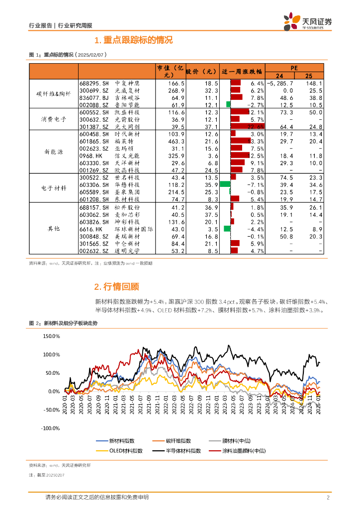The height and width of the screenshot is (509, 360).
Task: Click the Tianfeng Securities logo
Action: [307, 21]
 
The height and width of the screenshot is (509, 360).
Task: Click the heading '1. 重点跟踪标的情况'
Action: [133, 40]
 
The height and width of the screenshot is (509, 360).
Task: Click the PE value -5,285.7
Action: [279, 84]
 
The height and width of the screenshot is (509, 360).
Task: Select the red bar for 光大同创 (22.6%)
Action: [247, 127]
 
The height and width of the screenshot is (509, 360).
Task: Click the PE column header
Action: [294, 67]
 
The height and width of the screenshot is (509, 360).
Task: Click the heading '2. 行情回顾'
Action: [116, 287]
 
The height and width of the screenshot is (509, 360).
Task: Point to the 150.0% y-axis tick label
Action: [51, 337]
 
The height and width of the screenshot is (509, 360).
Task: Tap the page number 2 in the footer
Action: [328, 498]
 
